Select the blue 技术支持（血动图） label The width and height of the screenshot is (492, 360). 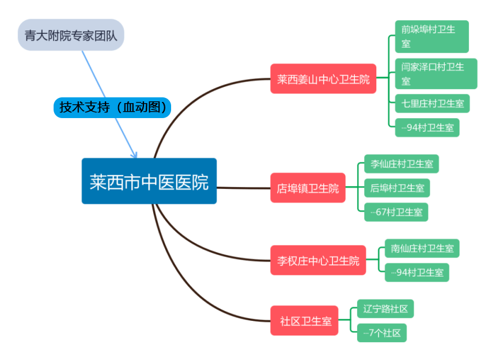[x=112, y=108]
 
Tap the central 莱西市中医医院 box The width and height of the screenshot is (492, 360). [x=149, y=181]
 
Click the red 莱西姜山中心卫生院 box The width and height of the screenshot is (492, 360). [x=323, y=79]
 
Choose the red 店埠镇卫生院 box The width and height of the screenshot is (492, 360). [x=308, y=188]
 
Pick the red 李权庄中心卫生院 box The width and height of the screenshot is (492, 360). [x=318, y=260]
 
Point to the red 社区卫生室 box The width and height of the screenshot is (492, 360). [x=305, y=321]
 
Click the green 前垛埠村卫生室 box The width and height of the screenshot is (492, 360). [x=432, y=36]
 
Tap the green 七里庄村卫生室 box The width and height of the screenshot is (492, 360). [x=432, y=104]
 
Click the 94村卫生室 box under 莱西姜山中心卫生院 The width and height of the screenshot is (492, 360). [x=427, y=127]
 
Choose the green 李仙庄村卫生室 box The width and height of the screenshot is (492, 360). [x=402, y=164]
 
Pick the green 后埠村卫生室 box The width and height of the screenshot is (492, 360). [x=397, y=188]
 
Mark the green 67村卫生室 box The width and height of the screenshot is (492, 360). [x=396, y=212]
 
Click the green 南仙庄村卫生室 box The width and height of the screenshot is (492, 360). [x=422, y=248]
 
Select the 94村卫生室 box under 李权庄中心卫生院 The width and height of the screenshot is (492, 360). [x=417, y=272]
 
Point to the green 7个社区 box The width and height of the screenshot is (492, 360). [x=381, y=333]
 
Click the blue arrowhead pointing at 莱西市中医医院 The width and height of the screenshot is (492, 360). [x=135, y=154]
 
